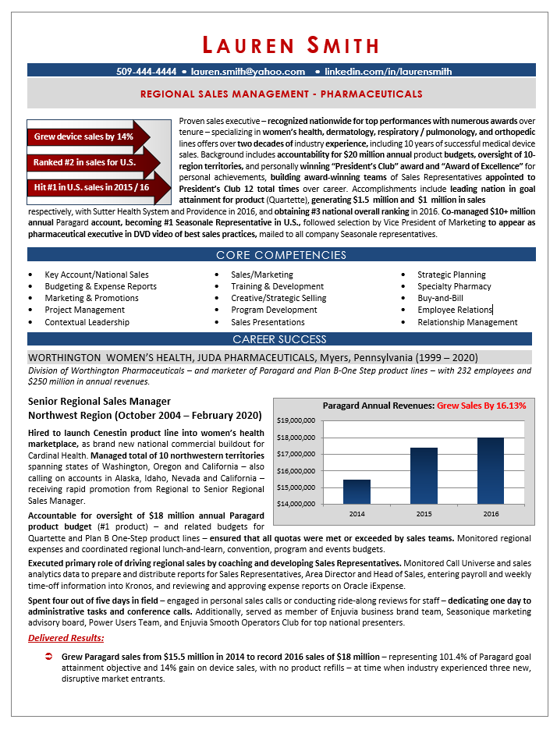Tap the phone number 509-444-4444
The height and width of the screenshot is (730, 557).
[x=146, y=71]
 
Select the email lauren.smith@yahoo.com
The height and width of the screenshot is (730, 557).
[x=247, y=71]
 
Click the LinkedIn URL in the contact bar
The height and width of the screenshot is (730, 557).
[x=388, y=71]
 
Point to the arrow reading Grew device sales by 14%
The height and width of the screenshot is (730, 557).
[x=86, y=136]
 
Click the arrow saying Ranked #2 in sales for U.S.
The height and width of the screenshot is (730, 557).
[x=86, y=162]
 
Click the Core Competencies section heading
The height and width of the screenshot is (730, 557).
[x=281, y=255]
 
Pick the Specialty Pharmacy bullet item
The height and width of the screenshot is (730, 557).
[x=454, y=286]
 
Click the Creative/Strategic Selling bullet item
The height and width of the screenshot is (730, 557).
[x=278, y=298]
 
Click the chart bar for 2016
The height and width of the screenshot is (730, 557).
[x=490, y=470]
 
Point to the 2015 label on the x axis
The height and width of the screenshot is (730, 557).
[x=424, y=515]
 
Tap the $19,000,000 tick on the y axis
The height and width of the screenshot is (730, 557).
[x=296, y=420]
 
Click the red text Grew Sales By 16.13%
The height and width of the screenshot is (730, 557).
[x=481, y=406]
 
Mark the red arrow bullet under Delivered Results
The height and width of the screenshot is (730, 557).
[x=48, y=657]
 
